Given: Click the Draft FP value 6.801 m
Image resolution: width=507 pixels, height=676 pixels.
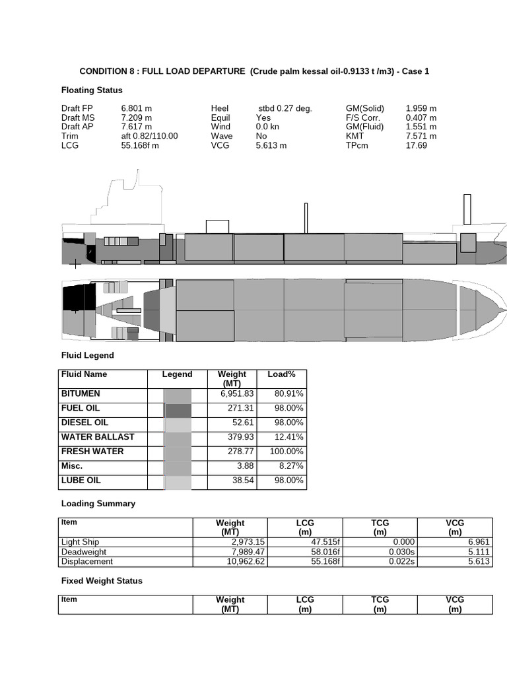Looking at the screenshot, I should pyautogui.click(x=137, y=108).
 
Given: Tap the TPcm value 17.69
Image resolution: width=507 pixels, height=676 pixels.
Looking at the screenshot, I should pyautogui.click(x=416, y=145).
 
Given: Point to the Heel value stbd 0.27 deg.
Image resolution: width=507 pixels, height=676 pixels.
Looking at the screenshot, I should pyautogui.click(x=285, y=108).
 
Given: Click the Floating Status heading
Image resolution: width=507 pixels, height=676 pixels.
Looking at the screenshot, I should pyautogui.click(x=92, y=90).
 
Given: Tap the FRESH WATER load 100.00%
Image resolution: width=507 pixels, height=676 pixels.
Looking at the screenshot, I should pyautogui.click(x=287, y=452).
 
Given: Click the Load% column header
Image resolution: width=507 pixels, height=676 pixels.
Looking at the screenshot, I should pyautogui.click(x=281, y=374).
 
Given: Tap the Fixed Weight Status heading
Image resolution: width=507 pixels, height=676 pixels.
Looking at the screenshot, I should pyautogui.click(x=102, y=581).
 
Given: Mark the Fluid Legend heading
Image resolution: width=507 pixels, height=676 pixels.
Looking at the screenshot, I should pyautogui.click(x=88, y=355).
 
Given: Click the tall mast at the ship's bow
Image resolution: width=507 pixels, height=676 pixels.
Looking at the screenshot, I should pyautogui.click(x=467, y=210).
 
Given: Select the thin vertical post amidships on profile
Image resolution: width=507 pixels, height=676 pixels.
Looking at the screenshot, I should pyautogui.click(x=306, y=218).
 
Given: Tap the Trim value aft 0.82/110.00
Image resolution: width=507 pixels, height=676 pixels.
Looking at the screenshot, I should pyautogui.click(x=150, y=136).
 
